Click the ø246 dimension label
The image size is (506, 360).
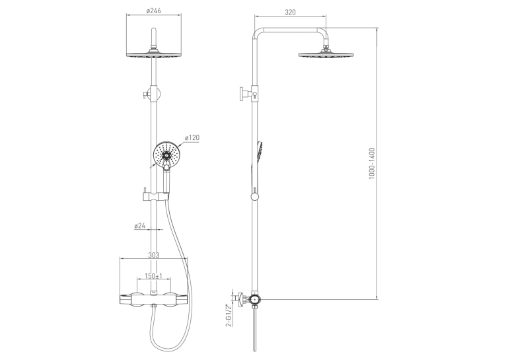154,11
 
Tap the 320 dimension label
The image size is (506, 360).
290,13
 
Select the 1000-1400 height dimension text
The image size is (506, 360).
372,164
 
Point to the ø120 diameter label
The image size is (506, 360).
192,138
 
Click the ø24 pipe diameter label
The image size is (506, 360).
140,226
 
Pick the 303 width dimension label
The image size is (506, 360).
154,255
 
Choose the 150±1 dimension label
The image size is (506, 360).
153,276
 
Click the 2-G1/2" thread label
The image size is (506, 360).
229,315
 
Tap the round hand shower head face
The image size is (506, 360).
166,154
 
